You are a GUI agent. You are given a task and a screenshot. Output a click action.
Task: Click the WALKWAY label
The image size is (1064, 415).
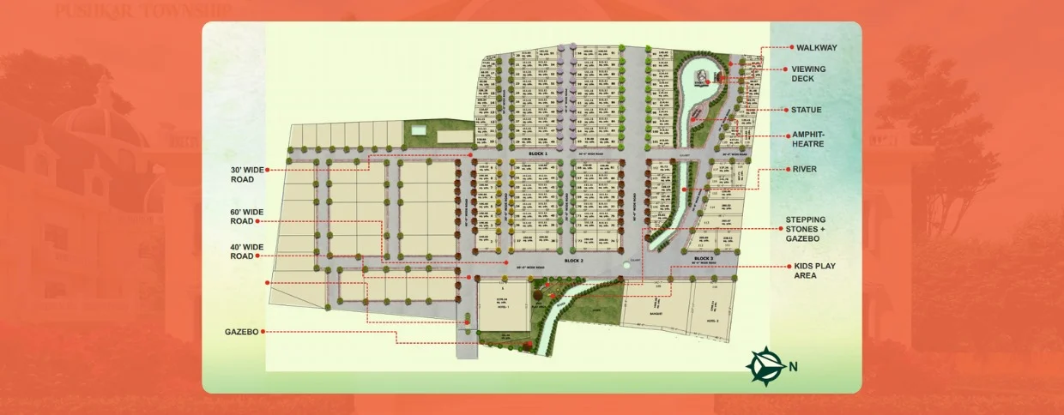pos(815,48)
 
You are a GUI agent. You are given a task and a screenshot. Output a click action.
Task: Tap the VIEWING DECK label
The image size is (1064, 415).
pos(808,74)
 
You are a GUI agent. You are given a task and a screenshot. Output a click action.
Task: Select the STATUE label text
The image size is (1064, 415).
pos(806,110)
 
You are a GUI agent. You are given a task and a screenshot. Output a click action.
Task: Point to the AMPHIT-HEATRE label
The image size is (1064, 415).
pos(808,139)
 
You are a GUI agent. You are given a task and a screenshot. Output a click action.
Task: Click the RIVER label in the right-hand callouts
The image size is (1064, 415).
pos(805,169)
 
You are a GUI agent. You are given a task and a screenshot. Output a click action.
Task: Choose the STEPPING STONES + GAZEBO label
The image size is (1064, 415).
pos(811,229)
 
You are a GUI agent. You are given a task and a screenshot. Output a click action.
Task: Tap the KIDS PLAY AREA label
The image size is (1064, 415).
pos(814,271)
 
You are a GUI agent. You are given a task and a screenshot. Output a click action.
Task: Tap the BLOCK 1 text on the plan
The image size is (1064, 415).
pos(538,152)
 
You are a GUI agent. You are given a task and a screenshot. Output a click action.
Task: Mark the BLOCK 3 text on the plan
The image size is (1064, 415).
pos(703,258)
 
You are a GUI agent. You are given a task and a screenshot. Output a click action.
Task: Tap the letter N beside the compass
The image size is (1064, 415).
pos(793,367)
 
